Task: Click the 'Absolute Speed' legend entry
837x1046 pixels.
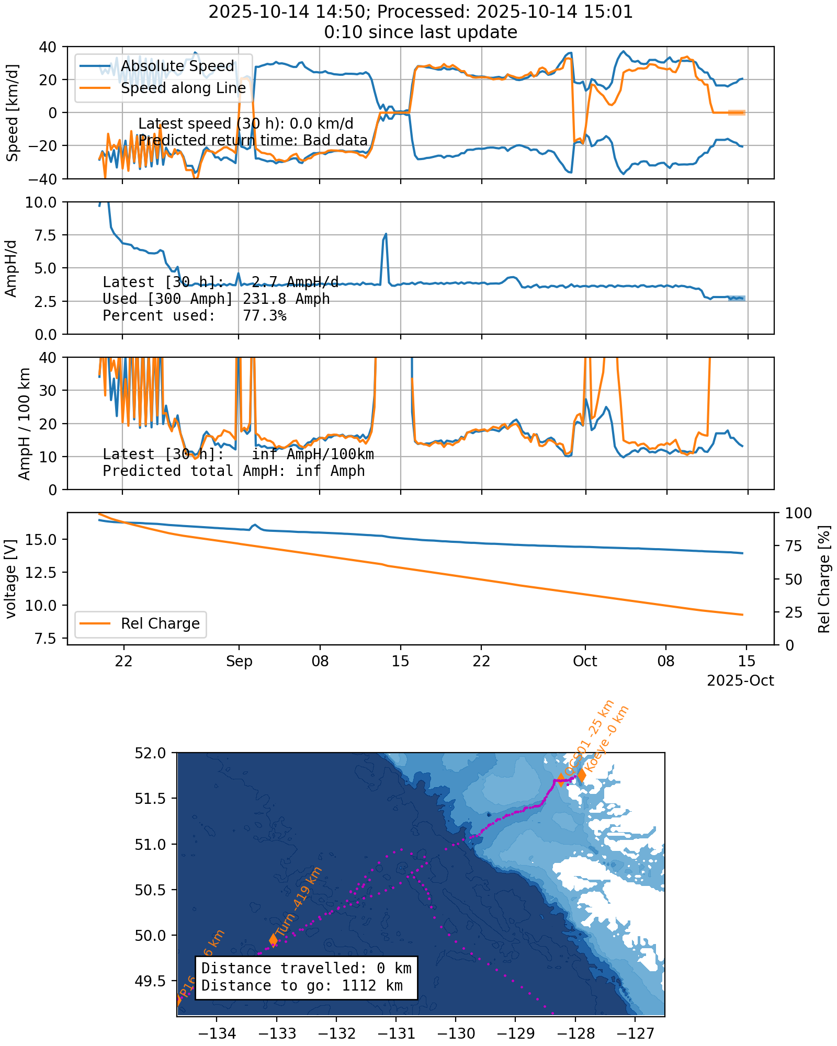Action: coord(177,66)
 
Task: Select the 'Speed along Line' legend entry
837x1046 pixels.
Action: coord(183,88)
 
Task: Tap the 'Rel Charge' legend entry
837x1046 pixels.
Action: coord(160,623)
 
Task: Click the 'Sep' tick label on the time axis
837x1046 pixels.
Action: coord(239,662)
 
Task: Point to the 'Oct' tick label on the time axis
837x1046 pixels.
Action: coord(585,662)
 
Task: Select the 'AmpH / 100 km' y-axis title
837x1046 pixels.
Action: coord(24,424)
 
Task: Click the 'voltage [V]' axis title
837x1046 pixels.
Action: coord(12,579)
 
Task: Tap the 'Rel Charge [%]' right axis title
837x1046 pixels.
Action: coord(824,579)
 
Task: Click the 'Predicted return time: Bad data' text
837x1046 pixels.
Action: coord(253,140)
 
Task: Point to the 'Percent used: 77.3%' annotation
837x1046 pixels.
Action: coord(194,315)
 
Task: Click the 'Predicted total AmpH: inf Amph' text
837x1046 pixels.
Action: coord(233,471)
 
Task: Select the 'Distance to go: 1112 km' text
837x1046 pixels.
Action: coord(302,986)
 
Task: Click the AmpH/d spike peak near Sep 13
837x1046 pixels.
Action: coord(386,234)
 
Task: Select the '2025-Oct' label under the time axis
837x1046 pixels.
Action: coord(740,680)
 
